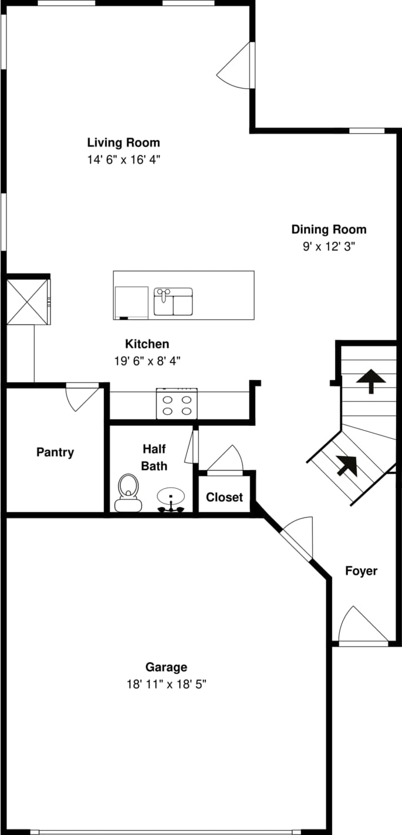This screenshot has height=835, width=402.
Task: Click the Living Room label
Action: click(123, 143)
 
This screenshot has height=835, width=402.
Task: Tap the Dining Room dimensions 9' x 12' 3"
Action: click(329, 246)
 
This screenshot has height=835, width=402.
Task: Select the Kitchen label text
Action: click(147, 344)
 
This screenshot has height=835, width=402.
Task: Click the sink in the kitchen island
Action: click(173, 301)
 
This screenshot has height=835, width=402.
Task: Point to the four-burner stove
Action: click(177, 403)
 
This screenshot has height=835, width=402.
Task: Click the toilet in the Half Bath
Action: click(129, 492)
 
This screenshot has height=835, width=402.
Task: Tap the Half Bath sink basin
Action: click(171, 497)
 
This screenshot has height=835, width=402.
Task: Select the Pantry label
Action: click(55, 452)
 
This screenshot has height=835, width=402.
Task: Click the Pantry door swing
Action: click(82, 397)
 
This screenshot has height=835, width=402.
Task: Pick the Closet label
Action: click(224, 497)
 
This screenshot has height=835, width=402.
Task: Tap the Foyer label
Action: click(361, 571)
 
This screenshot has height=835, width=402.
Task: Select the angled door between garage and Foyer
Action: click(297, 538)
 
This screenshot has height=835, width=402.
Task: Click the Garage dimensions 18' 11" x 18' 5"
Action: click(166, 684)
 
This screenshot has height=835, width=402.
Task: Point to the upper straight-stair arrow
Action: click(370, 381)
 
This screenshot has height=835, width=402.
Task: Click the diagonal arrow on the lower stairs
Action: click(347, 466)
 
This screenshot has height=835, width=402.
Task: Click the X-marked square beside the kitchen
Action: click(28, 302)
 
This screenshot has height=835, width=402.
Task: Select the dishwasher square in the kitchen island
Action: click(131, 302)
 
